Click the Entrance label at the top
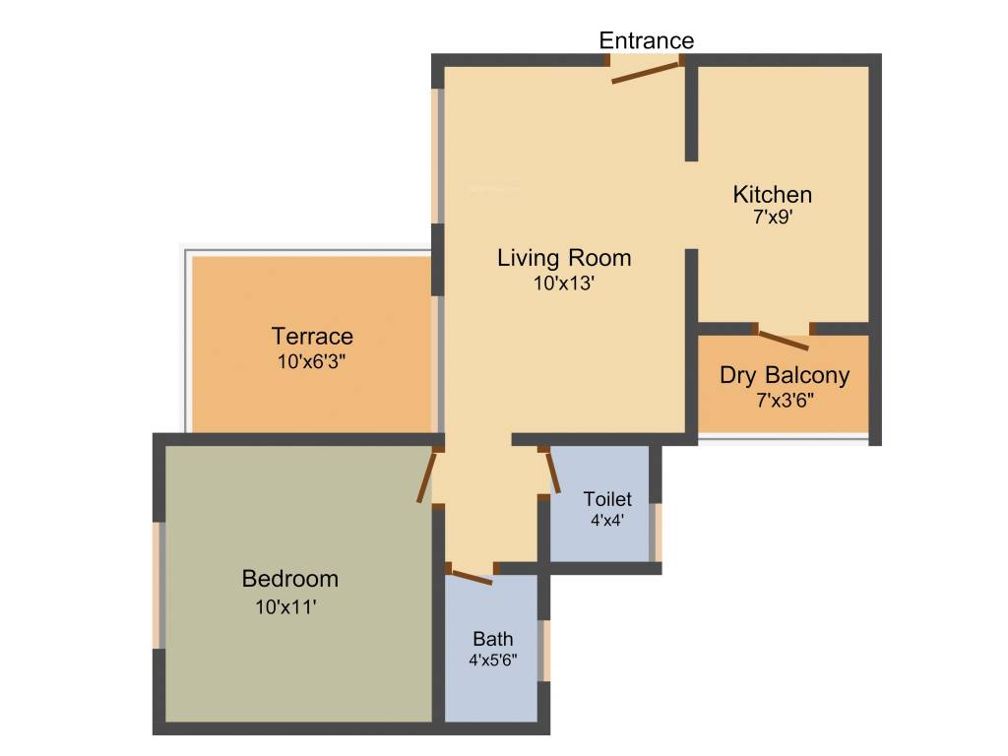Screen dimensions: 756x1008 click(x=647, y=40)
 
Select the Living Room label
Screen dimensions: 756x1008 click(x=564, y=259)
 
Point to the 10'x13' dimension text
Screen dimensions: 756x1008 click(x=564, y=283)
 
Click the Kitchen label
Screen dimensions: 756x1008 click(x=773, y=194)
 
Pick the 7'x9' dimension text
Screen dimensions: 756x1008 click(x=773, y=218)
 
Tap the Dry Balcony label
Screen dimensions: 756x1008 click(x=785, y=375)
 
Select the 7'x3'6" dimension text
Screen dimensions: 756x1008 click(x=785, y=400)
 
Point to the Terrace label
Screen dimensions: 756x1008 click(x=312, y=337)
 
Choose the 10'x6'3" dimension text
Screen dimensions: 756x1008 click(x=312, y=361)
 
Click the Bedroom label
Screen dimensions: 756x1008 click(x=290, y=579)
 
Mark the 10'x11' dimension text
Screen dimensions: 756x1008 click(x=285, y=607)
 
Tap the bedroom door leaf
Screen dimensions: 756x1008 click(x=426, y=476)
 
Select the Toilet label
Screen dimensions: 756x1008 click(x=607, y=499)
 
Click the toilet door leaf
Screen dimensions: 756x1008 click(x=553, y=471)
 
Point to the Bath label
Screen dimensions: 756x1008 click(x=492, y=639)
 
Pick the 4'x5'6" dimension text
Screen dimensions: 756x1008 click(x=492, y=661)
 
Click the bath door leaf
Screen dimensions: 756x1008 click(x=470, y=575)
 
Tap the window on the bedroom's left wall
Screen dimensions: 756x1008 click(x=157, y=585)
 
